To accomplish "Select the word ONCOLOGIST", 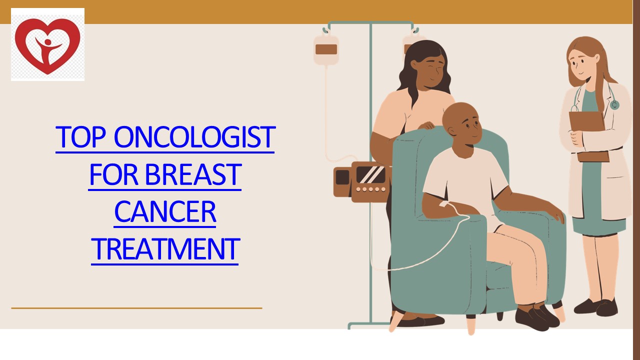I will pyautogui.click(x=194, y=137).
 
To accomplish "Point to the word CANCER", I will pyautogui.click(x=165, y=212).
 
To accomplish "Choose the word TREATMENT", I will pyautogui.click(x=165, y=249).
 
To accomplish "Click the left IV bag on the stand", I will pyautogui.click(x=326, y=49).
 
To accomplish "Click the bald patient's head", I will pyautogui.click(x=462, y=122).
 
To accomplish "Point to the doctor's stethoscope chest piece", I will pyautogui.click(x=614, y=104).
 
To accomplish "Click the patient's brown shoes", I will pyautogui.click(x=537, y=317).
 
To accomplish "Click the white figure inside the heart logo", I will pyautogui.click(x=47, y=47).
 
